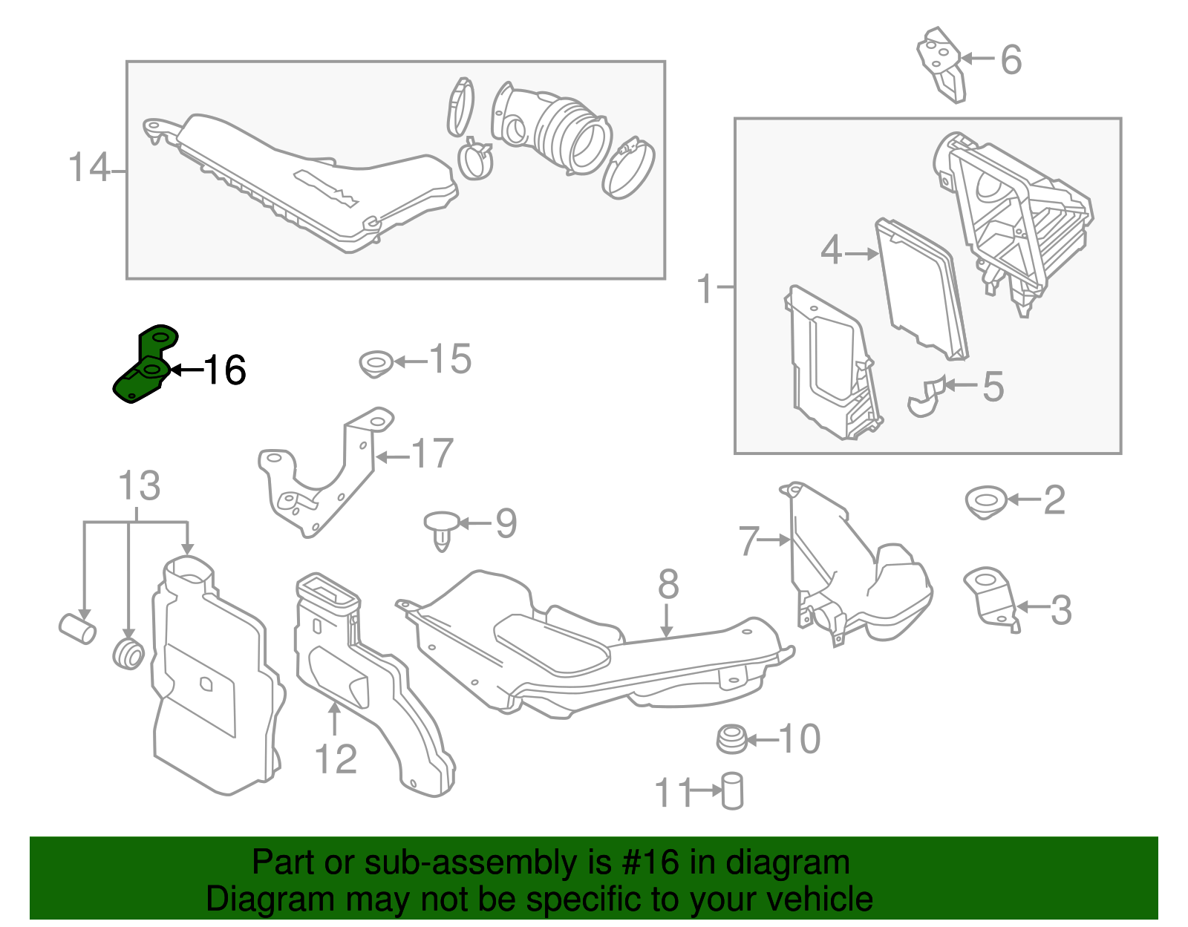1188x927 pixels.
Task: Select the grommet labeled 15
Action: [376, 364]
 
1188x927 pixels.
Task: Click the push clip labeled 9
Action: [441, 528]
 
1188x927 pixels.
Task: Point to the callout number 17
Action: [431, 453]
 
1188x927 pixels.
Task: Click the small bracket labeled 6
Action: [941, 65]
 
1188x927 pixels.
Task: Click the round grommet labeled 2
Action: [986, 502]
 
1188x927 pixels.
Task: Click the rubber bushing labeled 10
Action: [731, 740]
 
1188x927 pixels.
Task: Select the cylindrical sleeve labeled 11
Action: [732, 791]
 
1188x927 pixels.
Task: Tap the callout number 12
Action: [336, 759]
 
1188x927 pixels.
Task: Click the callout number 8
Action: [668, 584]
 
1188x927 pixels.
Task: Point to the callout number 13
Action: [139, 486]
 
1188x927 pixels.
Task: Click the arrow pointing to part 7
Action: [777, 540]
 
